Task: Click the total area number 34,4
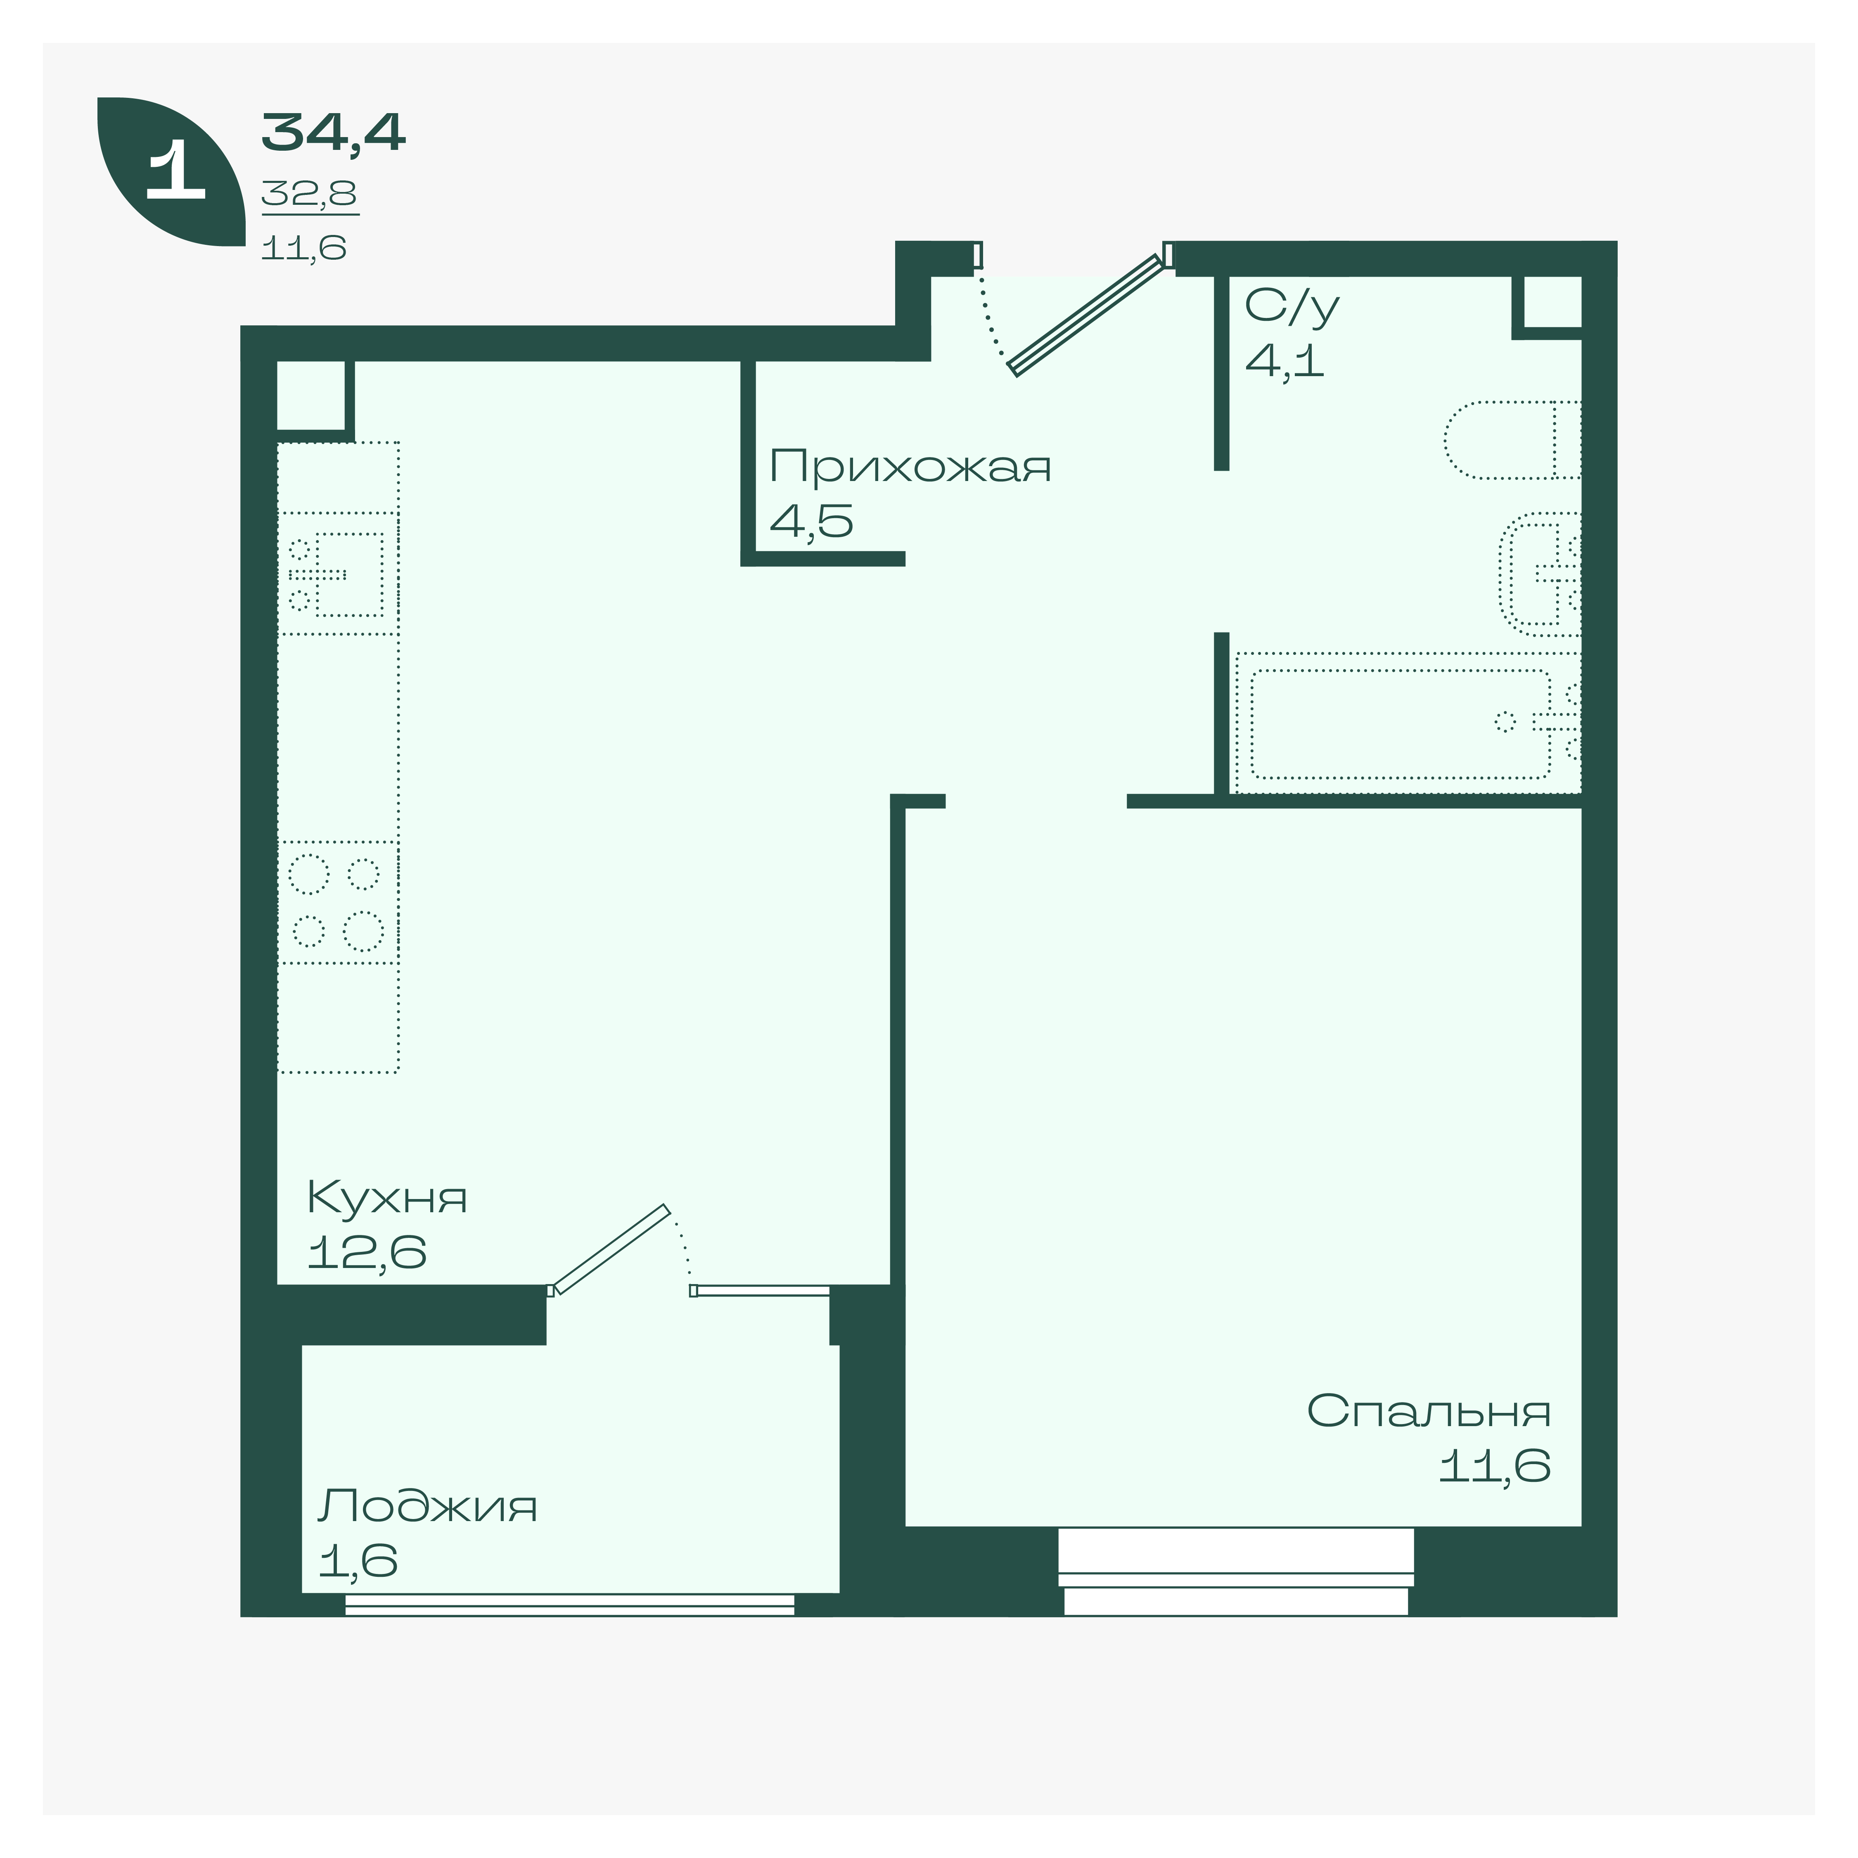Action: pyautogui.click(x=334, y=133)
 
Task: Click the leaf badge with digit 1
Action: pyautogui.click(x=171, y=171)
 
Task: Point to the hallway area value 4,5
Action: pyautogui.click(x=811, y=521)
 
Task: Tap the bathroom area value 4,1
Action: pyautogui.click(x=1285, y=360)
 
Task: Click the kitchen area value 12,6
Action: pyautogui.click(x=366, y=1252)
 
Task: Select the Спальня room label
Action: pyautogui.click(x=1428, y=1411)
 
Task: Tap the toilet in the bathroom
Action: pyautogui.click(x=1512, y=439)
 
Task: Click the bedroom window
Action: pyautogui.click(x=1236, y=1571)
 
